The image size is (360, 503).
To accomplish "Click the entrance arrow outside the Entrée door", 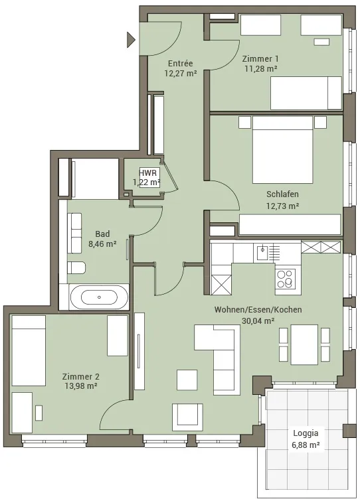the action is (130, 40).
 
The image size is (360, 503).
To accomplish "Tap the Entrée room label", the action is (181, 64).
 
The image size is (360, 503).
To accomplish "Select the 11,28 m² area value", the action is (261, 68).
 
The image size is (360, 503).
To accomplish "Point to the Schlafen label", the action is (282, 194).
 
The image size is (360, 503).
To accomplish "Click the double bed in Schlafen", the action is (282, 150).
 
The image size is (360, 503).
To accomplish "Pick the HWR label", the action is (148, 173).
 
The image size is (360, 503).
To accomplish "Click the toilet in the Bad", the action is (76, 267).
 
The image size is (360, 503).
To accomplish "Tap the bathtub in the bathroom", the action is (99, 297).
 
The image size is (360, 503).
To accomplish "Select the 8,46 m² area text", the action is (102, 244).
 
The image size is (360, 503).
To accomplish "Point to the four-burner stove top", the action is (286, 279).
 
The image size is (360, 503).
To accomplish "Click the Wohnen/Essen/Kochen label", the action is (258, 310).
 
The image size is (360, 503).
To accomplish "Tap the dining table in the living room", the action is (304, 345).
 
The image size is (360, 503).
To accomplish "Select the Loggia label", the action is (306, 433).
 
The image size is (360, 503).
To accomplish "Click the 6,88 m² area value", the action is (306, 445).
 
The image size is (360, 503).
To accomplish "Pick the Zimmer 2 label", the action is (81, 377).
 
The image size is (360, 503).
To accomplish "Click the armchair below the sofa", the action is (187, 417).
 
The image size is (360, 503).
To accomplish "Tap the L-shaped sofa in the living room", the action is (222, 356).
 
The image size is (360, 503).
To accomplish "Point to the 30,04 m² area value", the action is (258, 321).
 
